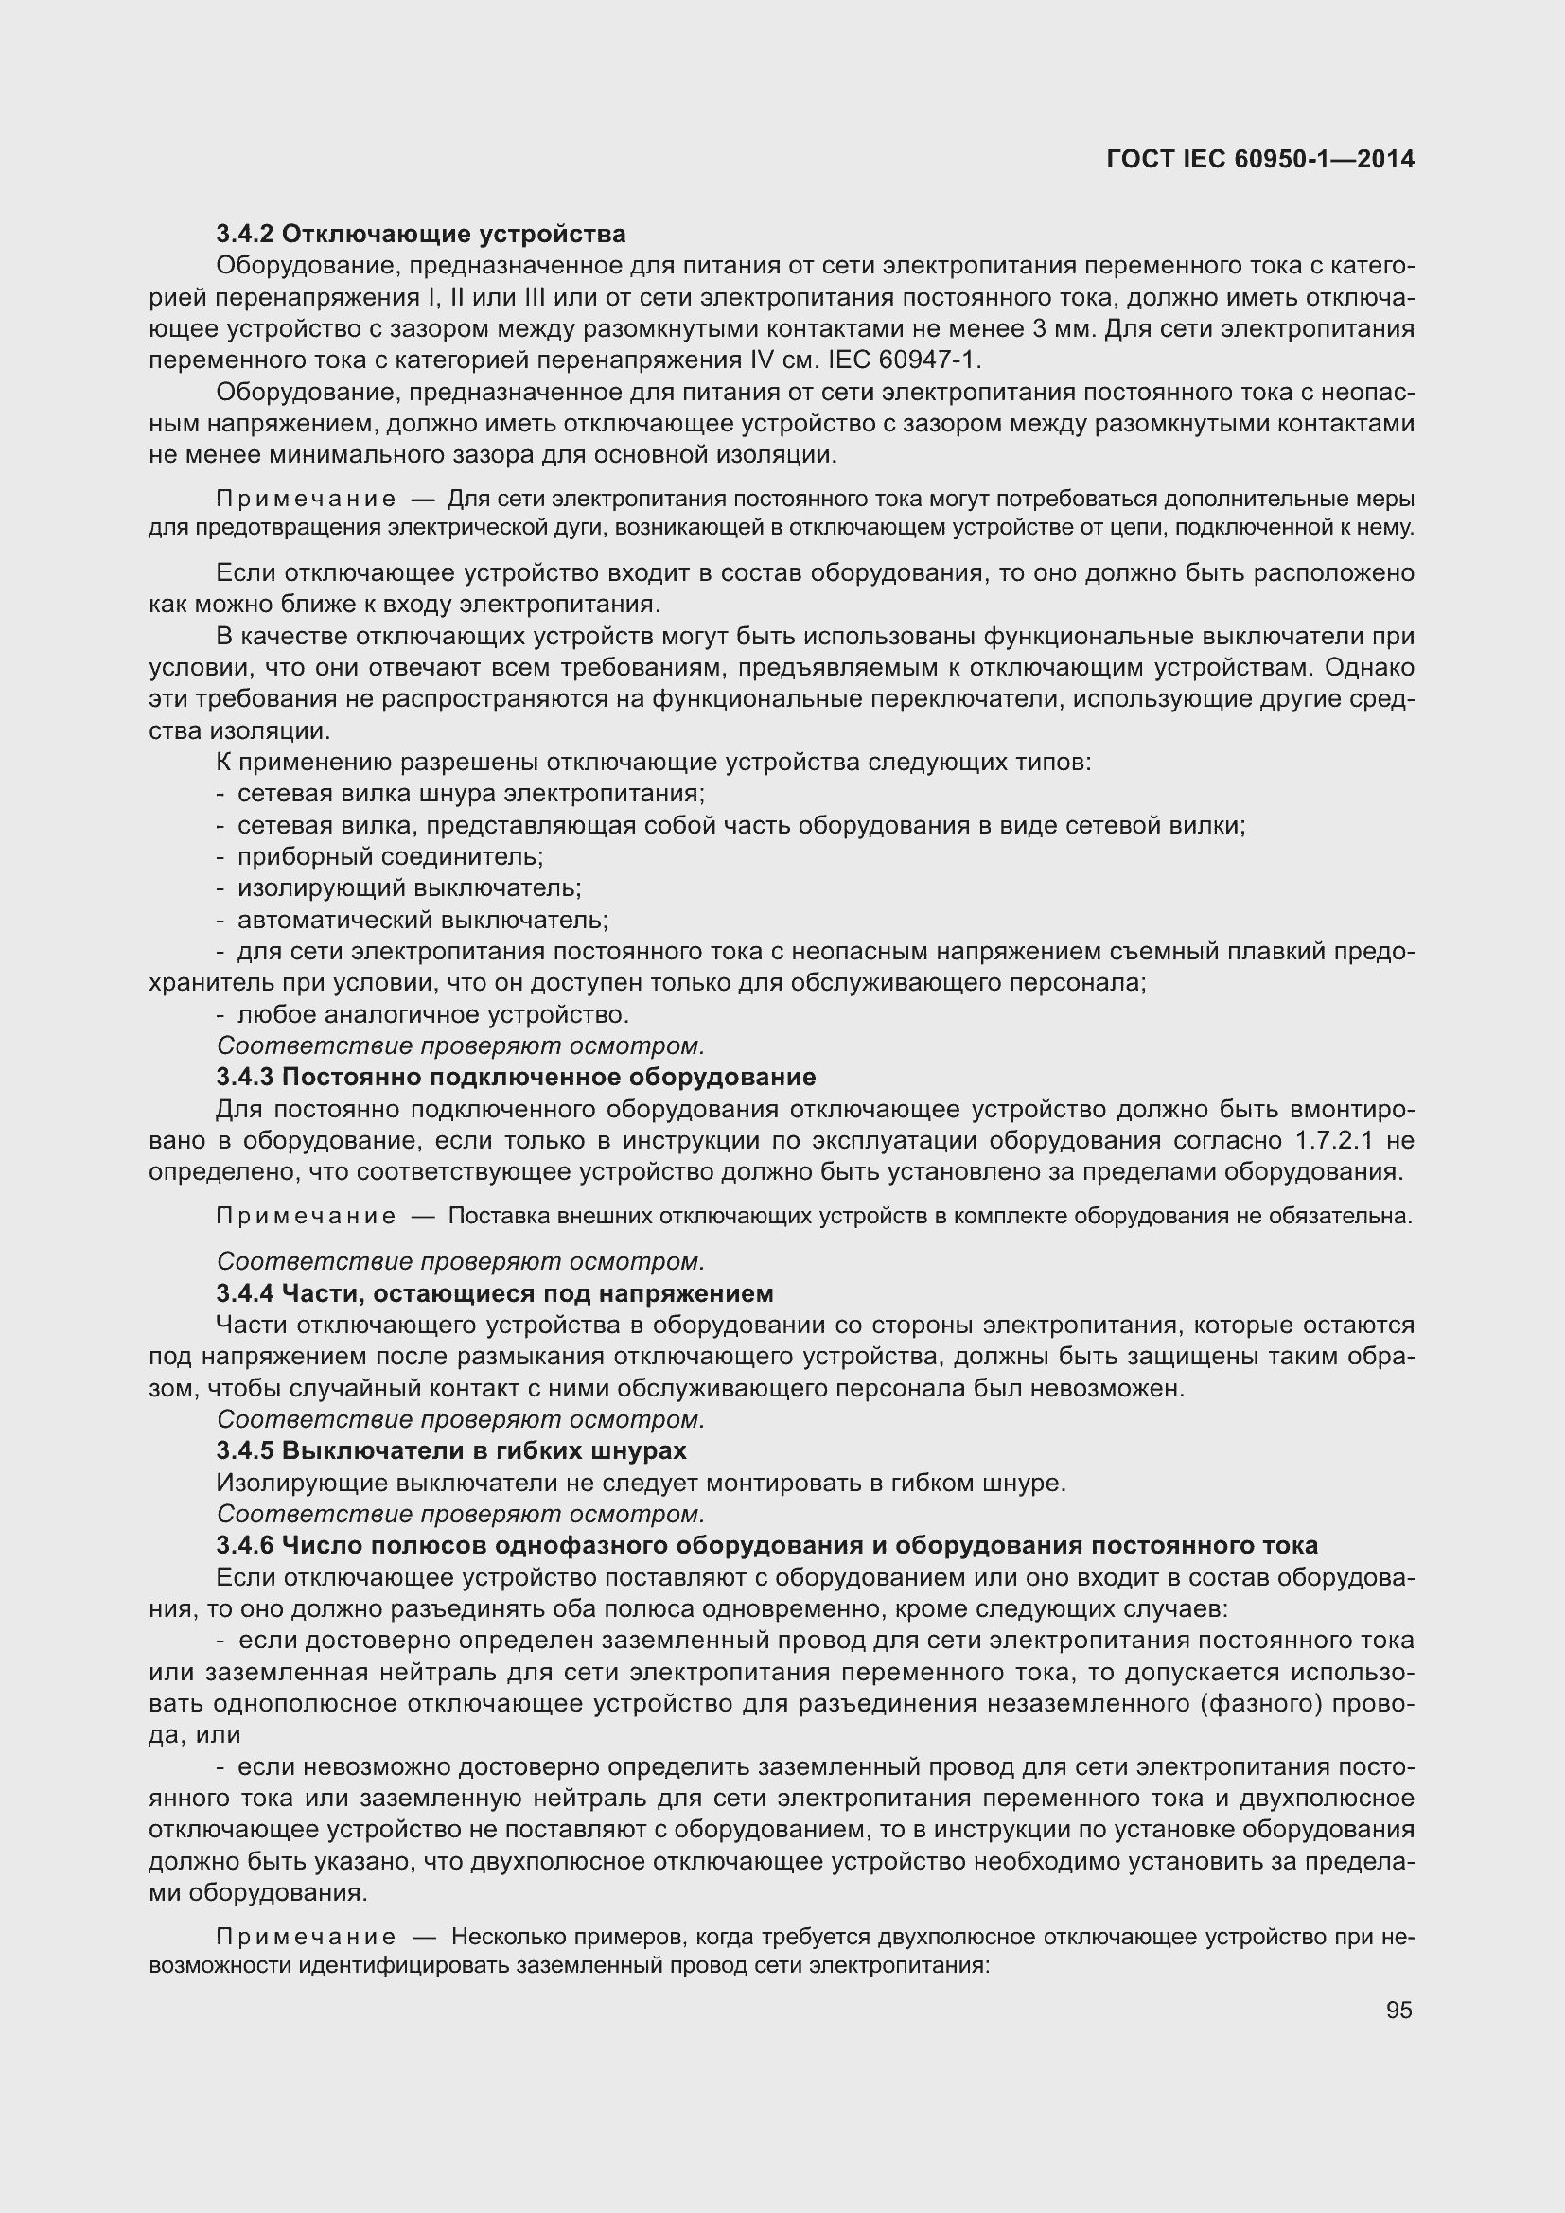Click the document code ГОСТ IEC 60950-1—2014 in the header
1260,159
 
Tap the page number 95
1398,2010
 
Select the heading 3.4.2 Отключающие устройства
421,235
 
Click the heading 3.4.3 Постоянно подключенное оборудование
516,1077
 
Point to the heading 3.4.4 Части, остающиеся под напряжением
494,1292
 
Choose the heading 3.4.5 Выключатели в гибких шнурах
451,1450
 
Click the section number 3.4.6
246,1545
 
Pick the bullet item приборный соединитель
390,857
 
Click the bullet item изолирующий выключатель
409,887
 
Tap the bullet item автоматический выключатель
422,920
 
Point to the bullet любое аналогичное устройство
432,1015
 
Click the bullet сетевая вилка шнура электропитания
471,794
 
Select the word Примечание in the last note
306,1937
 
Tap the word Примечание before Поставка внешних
306,1217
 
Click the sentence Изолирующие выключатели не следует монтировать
641,1483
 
